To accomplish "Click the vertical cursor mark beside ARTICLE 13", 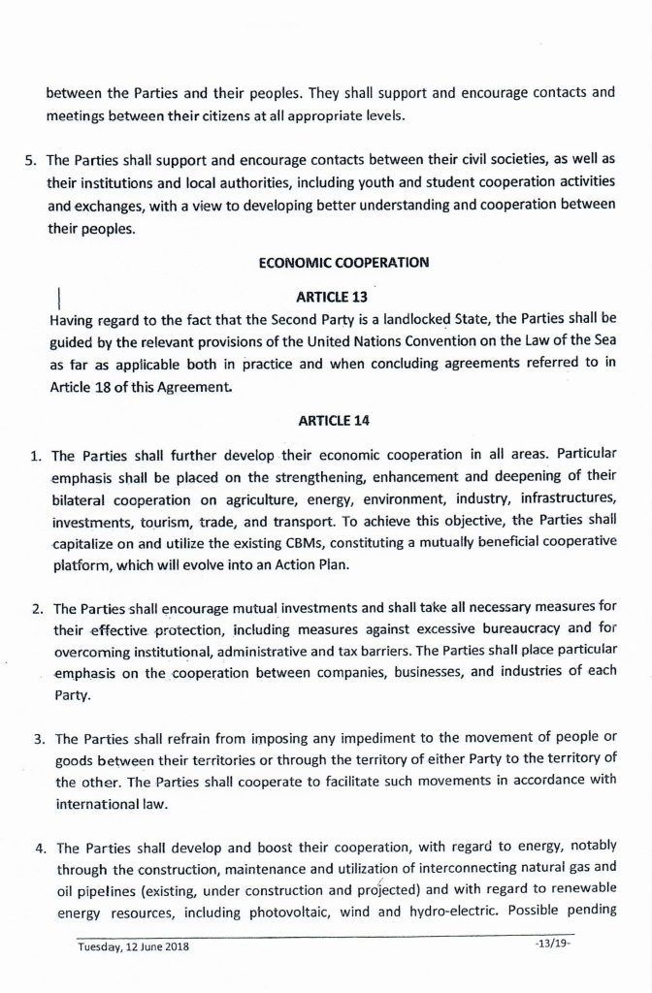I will click(x=60, y=297).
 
